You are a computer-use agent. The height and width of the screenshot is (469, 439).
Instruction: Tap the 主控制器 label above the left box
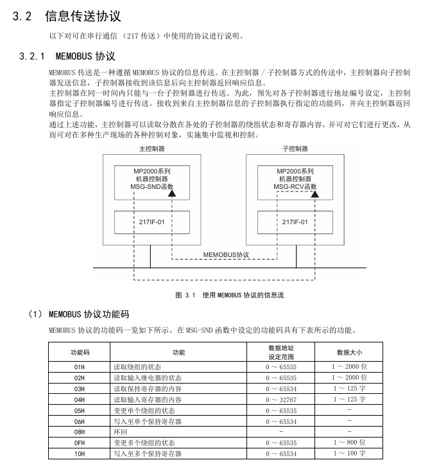tap(152, 148)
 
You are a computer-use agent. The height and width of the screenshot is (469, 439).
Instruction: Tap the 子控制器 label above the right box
tap(295, 148)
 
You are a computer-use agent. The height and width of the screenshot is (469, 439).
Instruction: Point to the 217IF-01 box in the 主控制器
tap(152, 222)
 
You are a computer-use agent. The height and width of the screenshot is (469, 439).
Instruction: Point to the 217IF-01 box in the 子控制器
tap(295, 222)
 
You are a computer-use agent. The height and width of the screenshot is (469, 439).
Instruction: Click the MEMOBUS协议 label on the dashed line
tap(226, 255)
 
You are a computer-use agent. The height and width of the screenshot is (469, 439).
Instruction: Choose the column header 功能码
tap(80, 352)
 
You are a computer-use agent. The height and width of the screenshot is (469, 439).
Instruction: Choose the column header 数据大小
tap(349, 352)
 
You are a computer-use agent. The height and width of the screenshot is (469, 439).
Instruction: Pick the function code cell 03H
tap(80, 389)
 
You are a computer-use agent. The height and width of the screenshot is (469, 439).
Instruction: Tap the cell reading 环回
tap(120, 432)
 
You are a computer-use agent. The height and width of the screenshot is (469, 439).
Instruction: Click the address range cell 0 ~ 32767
tap(281, 400)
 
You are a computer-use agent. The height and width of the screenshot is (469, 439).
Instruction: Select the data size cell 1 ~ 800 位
tap(349, 443)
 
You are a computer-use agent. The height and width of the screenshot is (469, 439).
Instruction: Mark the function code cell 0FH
tap(80, 443)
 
